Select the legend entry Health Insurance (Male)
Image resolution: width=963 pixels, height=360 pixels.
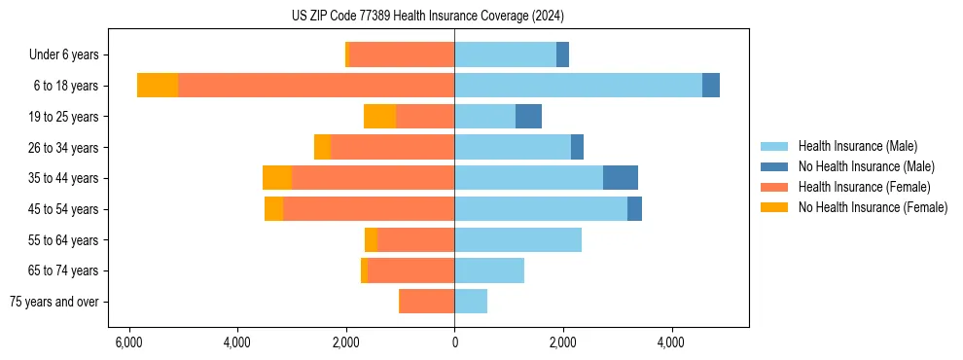(x=857, y=146)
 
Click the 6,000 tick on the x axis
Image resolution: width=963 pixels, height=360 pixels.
(x=128, y=343)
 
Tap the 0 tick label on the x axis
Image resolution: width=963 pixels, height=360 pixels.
(x=454, y=343)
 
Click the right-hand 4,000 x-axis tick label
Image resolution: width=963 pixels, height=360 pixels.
(x=671, y=343)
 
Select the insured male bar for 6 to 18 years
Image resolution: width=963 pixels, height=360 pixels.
(x=578, y=86)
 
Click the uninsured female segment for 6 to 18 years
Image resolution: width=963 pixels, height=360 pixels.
(x=158, y=86)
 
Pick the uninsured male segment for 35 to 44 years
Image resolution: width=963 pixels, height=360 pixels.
(x=621, y=178)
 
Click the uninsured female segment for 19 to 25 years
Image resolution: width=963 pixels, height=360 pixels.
(x=379, y=117)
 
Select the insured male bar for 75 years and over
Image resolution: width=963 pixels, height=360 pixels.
(x=471, y=302)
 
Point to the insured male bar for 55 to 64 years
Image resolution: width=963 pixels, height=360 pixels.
(x=517, y=239)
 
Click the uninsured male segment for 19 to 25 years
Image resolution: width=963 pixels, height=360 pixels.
(x=528, y=117)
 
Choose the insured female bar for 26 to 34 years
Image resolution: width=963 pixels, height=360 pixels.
(x=392, y=147)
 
